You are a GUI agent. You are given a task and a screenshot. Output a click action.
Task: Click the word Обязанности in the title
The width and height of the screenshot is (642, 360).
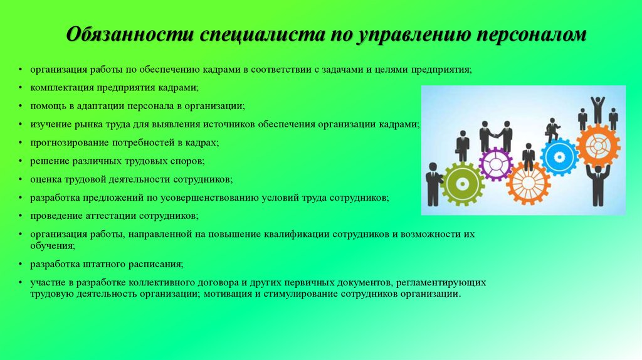click(x=130, y=34)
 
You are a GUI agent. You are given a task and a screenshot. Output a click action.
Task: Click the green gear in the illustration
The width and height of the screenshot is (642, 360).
click(x=463, y=184)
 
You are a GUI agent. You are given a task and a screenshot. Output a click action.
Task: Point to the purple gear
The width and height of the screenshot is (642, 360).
click(x=496, y=164)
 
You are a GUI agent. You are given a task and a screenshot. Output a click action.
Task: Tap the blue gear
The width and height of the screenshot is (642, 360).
click(x=559, y=157)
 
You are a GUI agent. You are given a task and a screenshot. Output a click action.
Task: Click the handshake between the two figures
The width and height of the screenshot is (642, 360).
click(x=496, y=135)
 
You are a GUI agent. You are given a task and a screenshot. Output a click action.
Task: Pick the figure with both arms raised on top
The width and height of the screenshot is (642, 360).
click(x=597, y=110)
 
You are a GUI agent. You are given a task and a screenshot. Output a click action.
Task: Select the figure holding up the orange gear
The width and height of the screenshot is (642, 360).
click(x=597, y=185)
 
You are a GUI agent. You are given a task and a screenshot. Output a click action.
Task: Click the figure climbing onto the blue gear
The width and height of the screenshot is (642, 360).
click(x=553, y=130)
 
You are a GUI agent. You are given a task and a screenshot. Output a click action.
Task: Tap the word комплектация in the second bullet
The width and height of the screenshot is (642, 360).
click(x=62, y=88)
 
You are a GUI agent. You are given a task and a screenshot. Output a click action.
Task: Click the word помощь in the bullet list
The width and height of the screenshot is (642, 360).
click(x=46, y=106)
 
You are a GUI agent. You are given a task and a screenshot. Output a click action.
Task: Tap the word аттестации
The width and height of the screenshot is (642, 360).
click(x=110, y=216)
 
